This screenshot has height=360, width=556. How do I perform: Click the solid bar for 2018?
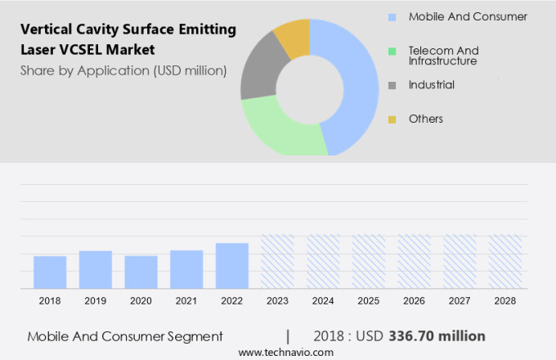pyautogui.click(x=50, y=272)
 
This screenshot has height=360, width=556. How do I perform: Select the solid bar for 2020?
pyautogui.click(x=141, y=272)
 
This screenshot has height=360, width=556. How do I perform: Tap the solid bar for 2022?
pyautogui.click(x=232, y=266)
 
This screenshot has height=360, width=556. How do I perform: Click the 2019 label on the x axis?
pyautogui.click(x=96, y=301)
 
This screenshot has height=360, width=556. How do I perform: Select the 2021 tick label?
pyautogui.click(x=186, y=301)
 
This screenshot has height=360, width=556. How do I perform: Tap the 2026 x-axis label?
pyautogui.click(x=414, y=301)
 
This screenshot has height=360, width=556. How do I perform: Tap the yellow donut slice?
pyautogui.click(x=293, y=37)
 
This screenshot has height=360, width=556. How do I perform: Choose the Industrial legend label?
pyautogui.click(x=432, y=85)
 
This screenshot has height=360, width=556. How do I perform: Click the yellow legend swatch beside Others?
pyautogui.click(x=392, y=119)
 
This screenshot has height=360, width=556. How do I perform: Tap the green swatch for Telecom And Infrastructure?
pyautogui.click(x=392, y=51)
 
